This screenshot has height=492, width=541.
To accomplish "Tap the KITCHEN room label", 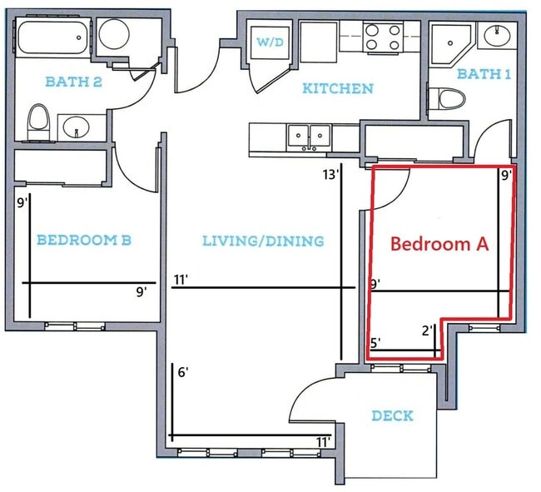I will click(x=337, y=87).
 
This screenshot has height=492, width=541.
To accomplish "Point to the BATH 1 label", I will click(x=484, y=74).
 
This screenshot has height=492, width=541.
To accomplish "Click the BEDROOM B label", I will click(x=83, y=240).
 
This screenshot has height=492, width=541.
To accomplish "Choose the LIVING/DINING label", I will click(x=263, y=241).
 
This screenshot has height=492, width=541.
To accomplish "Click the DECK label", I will click(x=392, y=415).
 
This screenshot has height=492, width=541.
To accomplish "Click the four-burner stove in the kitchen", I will click(x=384, y=37).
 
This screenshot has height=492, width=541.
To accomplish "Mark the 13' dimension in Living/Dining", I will click(x=330, y=175).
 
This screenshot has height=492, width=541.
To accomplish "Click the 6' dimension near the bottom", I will click(x=183, y=372).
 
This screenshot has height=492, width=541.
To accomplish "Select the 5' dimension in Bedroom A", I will click(x=375, y=342).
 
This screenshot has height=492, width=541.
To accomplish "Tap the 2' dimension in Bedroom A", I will click(x=427, y=330).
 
